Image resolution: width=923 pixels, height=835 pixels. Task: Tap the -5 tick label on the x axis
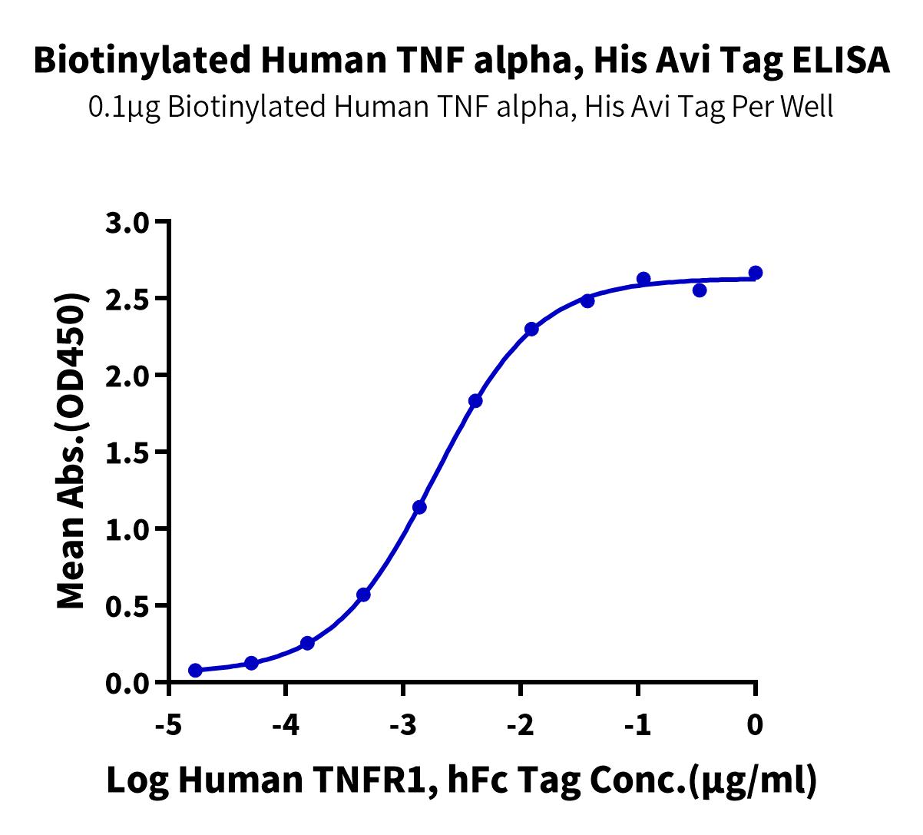(x=168, y=724)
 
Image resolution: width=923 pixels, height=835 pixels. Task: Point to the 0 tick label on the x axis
(x=756, y=724)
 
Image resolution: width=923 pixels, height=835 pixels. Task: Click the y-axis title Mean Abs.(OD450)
(x=71, y=452)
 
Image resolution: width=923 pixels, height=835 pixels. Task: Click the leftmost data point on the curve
(x=195, y=671)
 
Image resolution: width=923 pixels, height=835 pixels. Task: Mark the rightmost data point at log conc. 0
(x=756, y=273)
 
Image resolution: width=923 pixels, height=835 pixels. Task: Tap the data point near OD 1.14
(x=419, y=507)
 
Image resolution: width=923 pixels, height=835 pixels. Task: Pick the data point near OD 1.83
(x=475, y=401)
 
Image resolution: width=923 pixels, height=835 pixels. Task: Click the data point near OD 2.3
(x=531, y=329)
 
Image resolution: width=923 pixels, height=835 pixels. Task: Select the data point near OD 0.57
(x=363, y=595)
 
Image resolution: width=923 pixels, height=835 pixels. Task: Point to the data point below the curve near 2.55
(x=700, y=290)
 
